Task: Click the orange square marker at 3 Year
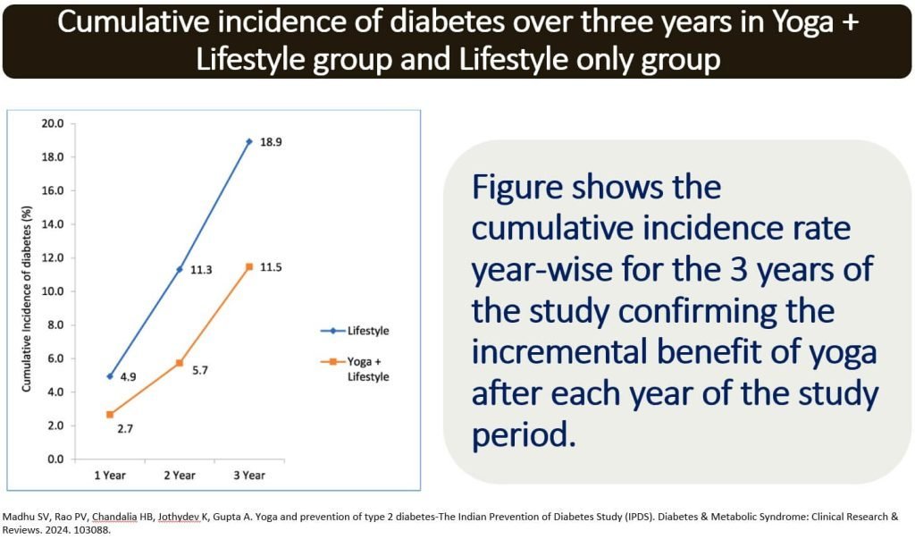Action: click(x=249, y=267)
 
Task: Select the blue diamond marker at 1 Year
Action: click(x=110, y=376)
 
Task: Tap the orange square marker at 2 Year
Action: click(x=180, y=363)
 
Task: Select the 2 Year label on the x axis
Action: click(x=179, y=476)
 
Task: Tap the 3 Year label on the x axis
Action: click(x=248, y=476)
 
